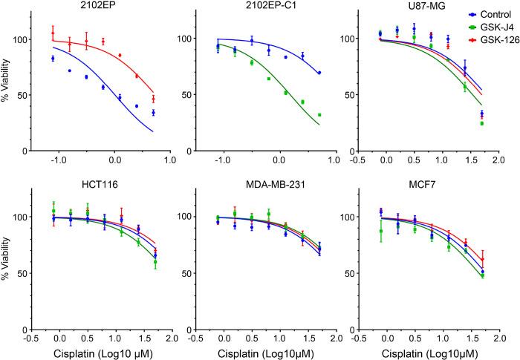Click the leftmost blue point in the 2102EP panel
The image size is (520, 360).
[53, 59]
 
